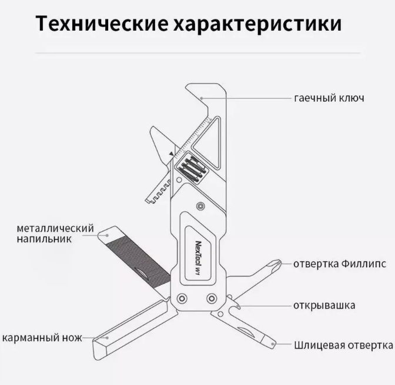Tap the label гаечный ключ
tap(329, 98)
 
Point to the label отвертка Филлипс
tap(340, 263)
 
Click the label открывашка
tap(324, 306)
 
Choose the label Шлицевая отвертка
tap(343, 344)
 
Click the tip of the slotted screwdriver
tap(272, 343)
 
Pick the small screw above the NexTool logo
tap(202, 206)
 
